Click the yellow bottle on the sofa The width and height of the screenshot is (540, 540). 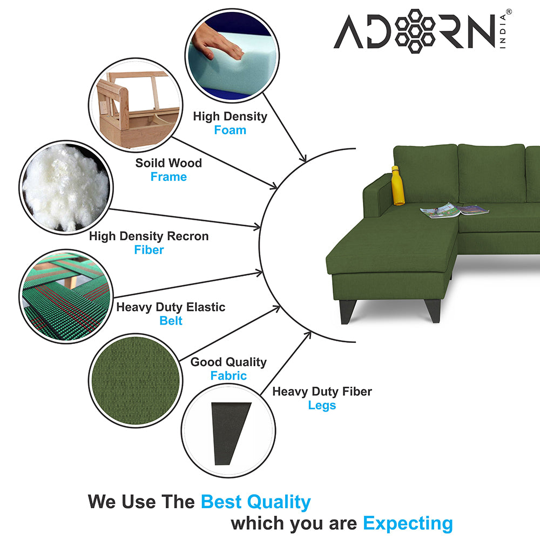[x=397, y=185]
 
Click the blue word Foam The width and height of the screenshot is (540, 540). [x=230, y=130]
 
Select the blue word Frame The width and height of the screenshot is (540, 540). [x=168, y=177]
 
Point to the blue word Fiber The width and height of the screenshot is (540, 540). [x=149, y=249]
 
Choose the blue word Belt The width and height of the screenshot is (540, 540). [x=171, y=321]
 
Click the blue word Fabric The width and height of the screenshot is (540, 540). [x=228, y=375]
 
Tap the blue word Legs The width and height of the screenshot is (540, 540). [x=322, y=406]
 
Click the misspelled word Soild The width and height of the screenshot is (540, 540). [x=149, y=163]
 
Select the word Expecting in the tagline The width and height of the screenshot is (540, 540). [x=408, y=524]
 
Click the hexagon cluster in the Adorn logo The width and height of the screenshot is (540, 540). [x=415, y=31]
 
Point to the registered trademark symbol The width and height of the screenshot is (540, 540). [x=509, y=12]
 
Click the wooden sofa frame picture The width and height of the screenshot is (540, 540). [x=136, y=105]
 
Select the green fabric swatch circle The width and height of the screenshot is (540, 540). [x=136, y=381]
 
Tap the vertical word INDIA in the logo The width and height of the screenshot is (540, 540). [x=502, y=31]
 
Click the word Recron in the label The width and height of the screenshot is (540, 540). [x=188, y=237]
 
